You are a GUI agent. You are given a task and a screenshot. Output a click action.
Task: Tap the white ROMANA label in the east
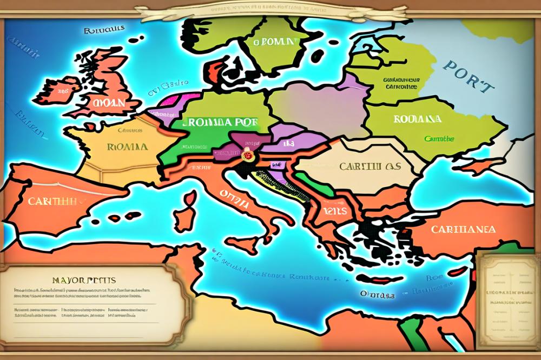[417, 119]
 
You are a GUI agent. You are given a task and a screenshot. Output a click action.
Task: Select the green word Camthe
[439, 139]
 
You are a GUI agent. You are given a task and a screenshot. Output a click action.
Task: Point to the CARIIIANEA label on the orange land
[463, 229]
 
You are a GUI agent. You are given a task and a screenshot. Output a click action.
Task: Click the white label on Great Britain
[108, 102]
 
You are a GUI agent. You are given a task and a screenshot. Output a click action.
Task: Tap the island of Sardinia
[185, 218]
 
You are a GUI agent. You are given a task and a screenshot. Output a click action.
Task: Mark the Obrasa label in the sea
[377, 295]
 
